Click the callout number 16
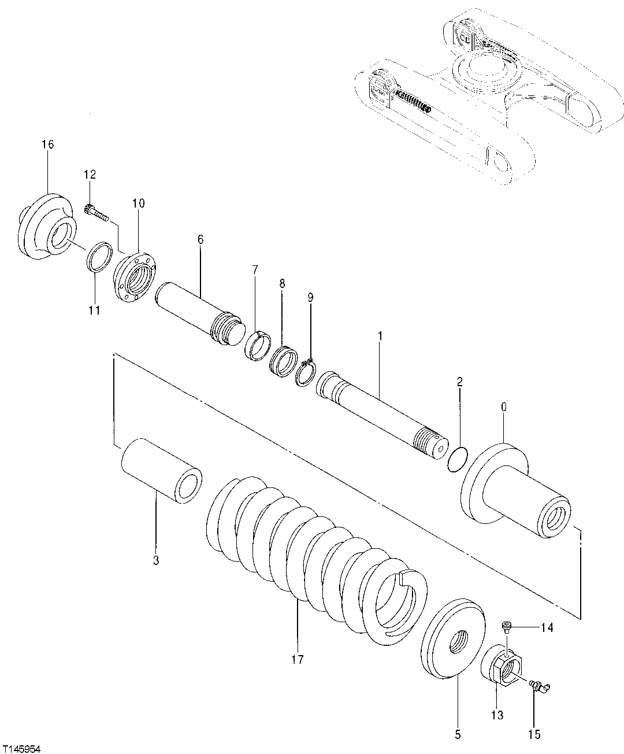(x=47, y=144)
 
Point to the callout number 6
(x=200, y=239)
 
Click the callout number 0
(x=503, y=407)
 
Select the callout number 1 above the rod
(x=380, y=335)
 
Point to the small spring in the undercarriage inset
(x=413, y=101)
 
